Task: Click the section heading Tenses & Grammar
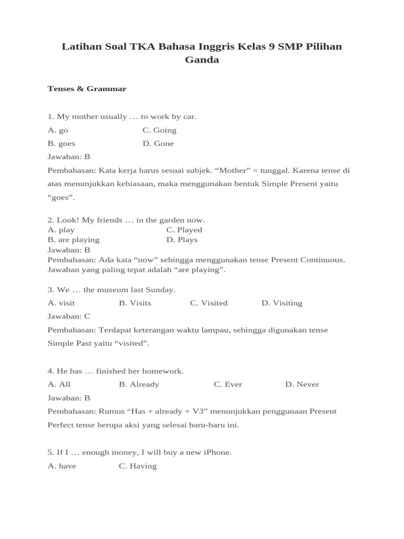[87, 89]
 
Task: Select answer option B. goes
[62, 144]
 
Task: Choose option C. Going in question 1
[159, 130]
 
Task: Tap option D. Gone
[158, 144]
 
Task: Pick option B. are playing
[74, 240]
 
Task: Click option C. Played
[184, 230]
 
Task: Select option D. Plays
[182, 240]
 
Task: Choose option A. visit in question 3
[61, 303]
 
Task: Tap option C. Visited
[209, 303]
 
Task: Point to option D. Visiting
[282, 303]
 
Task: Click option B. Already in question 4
[139, 384]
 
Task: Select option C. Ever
[228, 384]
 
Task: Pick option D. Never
[302, 384]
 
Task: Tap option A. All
[59, 384]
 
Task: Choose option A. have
[62, 466]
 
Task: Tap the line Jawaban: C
[69, 316]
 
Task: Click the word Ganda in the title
[201, 60]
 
